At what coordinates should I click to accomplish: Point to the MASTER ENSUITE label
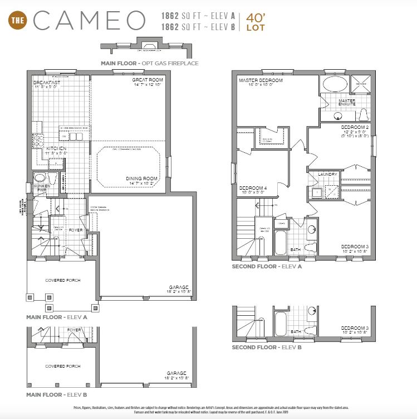(351, 103)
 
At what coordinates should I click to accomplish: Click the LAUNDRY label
(328, 175)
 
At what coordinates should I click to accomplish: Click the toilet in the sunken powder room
(53, 178)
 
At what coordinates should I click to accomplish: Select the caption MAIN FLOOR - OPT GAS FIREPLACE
(149, 64)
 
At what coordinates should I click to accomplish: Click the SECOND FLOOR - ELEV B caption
(267, 347)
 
